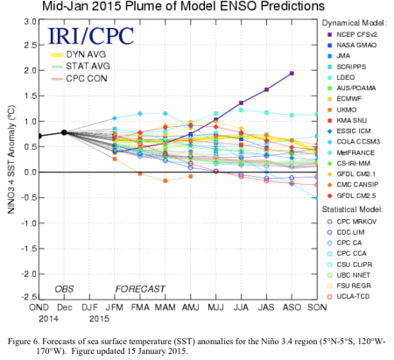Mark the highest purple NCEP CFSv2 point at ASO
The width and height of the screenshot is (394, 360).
pyautogui.click(x=291, y=74)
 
